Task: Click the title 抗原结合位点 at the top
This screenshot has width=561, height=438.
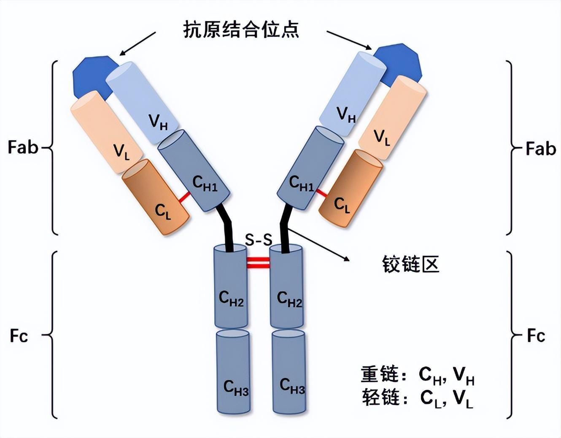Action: coord(241,30)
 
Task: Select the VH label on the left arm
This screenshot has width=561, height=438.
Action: coord(158,123)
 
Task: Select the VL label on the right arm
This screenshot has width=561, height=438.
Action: coord(382,138)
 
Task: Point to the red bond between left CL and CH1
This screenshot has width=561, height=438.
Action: coord(184,197)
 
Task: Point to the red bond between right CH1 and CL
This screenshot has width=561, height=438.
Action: coord(321,193)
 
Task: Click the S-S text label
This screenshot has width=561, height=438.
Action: coord(258,240)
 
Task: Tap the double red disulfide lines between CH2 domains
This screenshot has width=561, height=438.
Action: coord(258,262)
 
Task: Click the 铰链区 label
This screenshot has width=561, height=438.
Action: coord(410,265)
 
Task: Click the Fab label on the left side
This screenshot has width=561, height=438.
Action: coord(23,148)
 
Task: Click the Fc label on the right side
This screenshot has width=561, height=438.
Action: coord(536,336)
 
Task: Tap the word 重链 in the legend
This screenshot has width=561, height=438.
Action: coord(379,374)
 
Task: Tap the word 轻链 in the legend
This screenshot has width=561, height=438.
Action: coord(380,397)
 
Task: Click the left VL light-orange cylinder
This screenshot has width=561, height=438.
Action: coord(101,131)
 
